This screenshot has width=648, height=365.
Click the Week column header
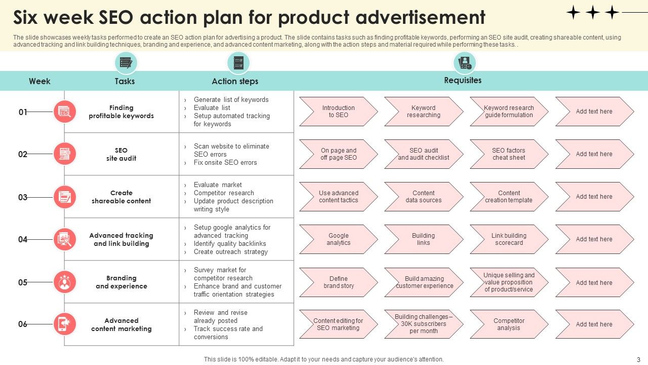click(39, 81)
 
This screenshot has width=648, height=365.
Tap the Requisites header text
click(463, 80)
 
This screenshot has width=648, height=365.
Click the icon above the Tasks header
click(126, 62)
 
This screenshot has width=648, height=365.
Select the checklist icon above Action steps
click(238, 62)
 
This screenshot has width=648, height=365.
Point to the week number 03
click(23, 197)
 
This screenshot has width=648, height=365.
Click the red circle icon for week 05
click(65, 282)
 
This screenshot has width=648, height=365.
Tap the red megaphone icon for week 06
click(65, 324)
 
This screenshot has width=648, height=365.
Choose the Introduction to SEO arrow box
click(339, 112)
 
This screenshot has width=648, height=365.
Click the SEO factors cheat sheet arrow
click(509, 154)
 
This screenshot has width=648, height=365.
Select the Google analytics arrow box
click(339, 239)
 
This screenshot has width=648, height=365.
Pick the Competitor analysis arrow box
click(509, 324)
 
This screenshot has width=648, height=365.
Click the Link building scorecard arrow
click(509, 239)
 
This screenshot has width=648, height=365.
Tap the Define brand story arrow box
click(339, 282)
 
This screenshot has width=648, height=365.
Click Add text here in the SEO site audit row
click(594, 154)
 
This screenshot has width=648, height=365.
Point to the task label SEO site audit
click(121, 155)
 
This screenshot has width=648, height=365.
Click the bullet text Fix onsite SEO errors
click(225, 163)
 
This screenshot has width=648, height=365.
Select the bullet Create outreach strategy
click(230, 252)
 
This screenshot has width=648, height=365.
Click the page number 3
click(638, 360)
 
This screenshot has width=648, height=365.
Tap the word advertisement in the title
click(420, 17)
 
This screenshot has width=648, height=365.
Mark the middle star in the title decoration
click(593, 13)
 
